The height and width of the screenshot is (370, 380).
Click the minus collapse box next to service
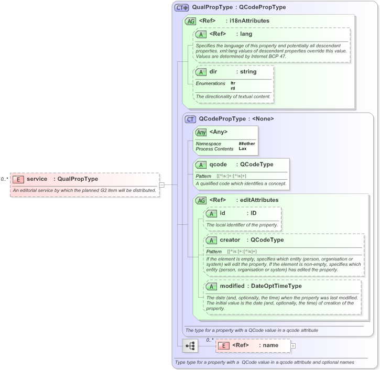[162, 184]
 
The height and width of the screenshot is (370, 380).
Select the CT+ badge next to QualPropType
[182, 8]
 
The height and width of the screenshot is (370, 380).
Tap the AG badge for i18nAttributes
[190, 21]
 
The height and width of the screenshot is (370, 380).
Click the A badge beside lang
[201, 34]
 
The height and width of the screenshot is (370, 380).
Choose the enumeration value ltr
[233, 83]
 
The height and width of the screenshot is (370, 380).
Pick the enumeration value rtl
[233, 88]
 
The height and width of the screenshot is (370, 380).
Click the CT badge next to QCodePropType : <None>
[190, 119]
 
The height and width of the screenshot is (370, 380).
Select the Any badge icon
[201, 132]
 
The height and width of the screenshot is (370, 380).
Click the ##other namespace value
[246, 144]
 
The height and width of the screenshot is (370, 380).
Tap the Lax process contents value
[243, 149]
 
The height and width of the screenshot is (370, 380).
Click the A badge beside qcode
[201, 165]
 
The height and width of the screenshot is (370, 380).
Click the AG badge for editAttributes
[201, 200]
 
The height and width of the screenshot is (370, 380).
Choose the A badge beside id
[211, 213]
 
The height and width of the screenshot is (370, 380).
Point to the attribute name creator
[230, 240]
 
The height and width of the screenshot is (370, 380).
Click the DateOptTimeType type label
[275, 286]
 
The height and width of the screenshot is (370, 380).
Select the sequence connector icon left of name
[190, 346]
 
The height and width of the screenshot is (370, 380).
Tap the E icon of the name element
[223, 345]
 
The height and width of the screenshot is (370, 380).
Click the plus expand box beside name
[292, 346]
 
